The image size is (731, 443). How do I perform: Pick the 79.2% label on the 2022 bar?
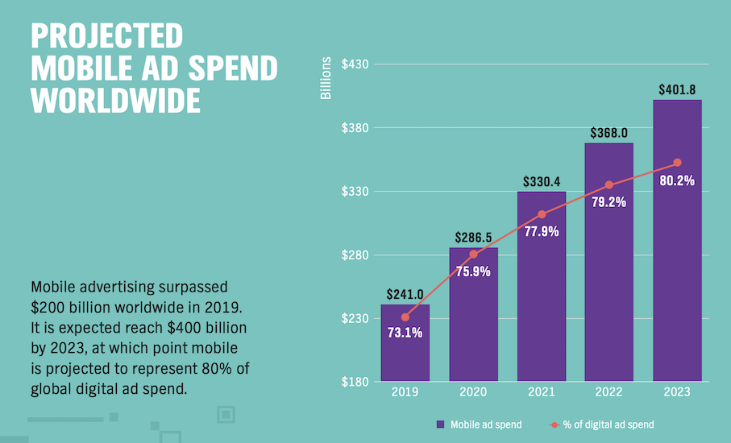pyautogui.click(x=608, y=201)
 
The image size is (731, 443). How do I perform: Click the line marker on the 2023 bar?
pyautogui.click(x=677, y=163)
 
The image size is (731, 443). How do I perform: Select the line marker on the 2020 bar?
pyautogui.click(x=473, y=255)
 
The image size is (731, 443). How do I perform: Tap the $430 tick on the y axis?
pyautogui.click(x=355, y=64)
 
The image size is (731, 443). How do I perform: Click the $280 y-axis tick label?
pyautogui.click(x=355, y=255)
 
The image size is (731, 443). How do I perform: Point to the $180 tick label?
pyautogui.click(x=355, y=382)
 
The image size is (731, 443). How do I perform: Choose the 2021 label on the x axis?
pyautogui.click(x=542, y=392)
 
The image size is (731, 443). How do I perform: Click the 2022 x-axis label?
pyautogui.click(x=609, y=392)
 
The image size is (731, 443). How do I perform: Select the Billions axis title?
pyautogui.click(x=326, y=79)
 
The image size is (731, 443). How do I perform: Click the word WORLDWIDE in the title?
pyautogui.click(x=115, y=101)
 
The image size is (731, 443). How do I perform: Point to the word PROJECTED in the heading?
pyautogui.click(x=106, y=36)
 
